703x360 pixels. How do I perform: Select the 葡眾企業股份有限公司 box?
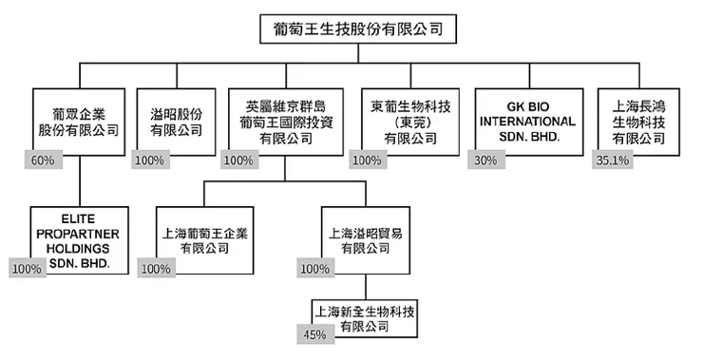pos(79,119)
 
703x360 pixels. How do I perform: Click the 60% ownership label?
pos(42,161)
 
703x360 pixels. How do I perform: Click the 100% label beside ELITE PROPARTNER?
pos(27,269)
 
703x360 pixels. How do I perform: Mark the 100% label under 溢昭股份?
pos(149,161)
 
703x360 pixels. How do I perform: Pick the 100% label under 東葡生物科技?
pos(366,161)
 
